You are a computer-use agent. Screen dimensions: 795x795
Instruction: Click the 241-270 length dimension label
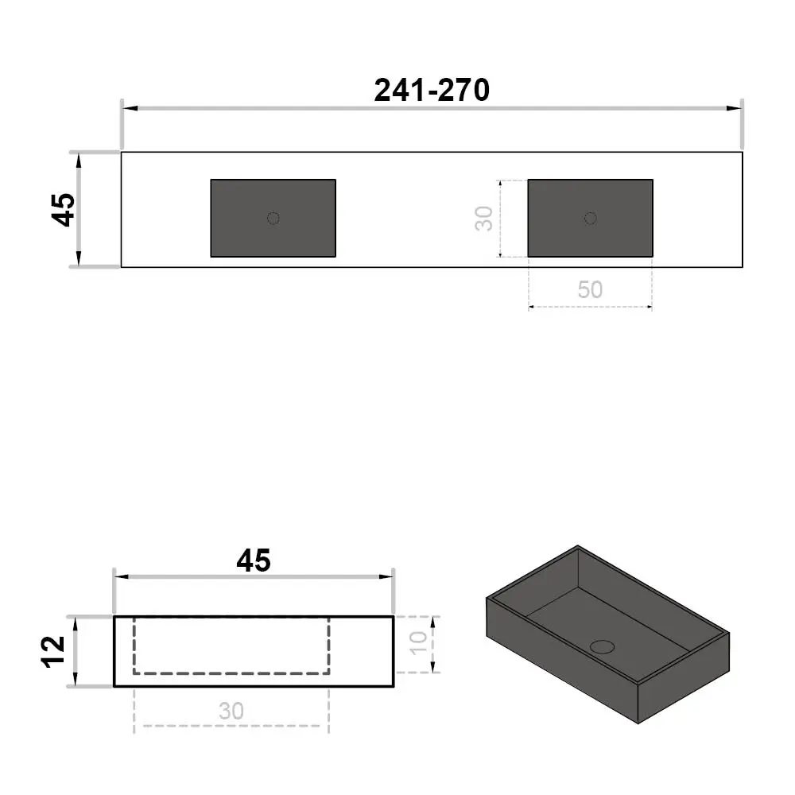(432, 91)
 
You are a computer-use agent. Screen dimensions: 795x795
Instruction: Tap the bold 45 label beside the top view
(64, 209)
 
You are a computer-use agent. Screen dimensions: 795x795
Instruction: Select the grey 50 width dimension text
(590, 289)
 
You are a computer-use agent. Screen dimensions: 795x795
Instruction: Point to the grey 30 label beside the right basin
(484, 219)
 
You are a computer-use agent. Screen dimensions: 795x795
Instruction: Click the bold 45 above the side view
(254, 560)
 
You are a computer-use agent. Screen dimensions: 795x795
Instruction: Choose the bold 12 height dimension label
(53, 652)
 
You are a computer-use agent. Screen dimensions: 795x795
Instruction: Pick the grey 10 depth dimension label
(419, 643)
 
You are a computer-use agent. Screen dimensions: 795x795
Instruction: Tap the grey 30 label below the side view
(231, 712)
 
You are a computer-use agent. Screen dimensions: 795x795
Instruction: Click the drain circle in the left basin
(273, 219)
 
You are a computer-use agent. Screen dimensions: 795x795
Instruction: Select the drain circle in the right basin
(590, 219)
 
